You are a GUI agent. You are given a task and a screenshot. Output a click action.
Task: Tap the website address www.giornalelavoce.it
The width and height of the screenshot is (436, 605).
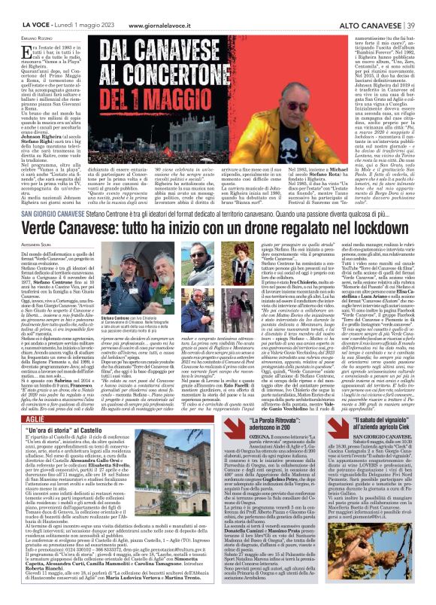(160, 5)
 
